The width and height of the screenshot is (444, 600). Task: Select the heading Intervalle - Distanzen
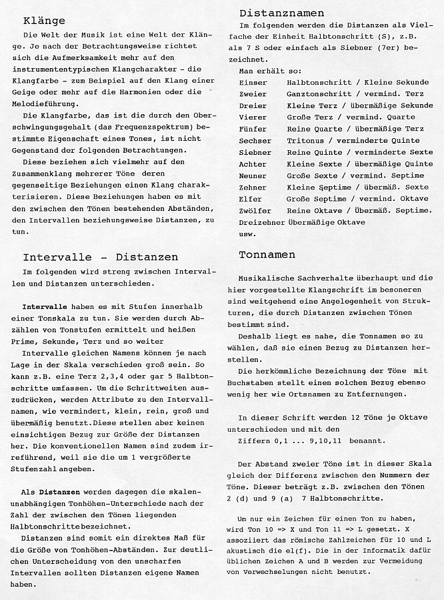[101, 257]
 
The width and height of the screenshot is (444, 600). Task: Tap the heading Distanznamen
[281, 13]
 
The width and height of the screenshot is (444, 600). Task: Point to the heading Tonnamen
[267, 254]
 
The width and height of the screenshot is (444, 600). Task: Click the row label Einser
[252, 81]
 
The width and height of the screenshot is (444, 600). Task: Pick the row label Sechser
[255, 140]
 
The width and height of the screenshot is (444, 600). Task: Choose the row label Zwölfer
[255, 210]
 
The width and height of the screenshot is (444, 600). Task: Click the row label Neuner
[252, 176]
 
